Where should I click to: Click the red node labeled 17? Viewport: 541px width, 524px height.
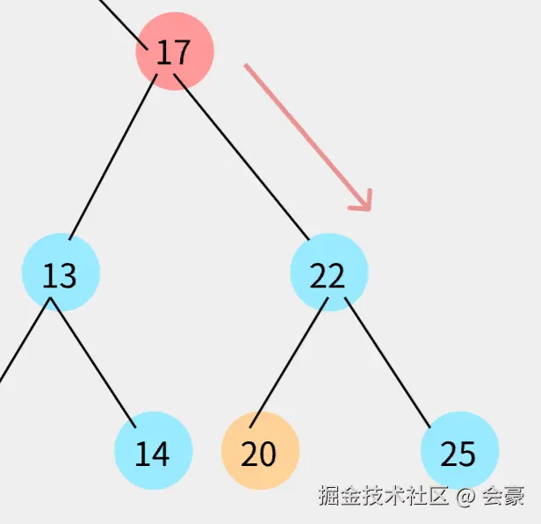click(174, 52)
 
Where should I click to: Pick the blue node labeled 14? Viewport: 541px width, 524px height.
click(153, 451)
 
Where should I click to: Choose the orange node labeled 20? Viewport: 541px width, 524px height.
click(259, 451)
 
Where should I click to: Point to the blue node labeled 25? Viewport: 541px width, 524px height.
click(458, 451)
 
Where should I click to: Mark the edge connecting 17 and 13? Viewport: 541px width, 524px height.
click(113, 156)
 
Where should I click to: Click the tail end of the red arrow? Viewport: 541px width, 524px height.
click(248, 67)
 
